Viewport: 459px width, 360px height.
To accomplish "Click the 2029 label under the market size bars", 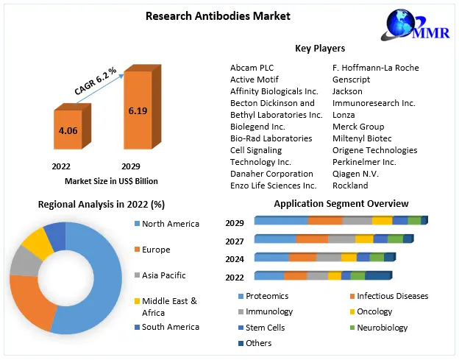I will click(x=131, y=166).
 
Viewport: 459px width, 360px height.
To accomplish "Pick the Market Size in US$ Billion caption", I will click(x=111, y=181).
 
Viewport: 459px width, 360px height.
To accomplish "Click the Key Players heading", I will click(x=320, y=49).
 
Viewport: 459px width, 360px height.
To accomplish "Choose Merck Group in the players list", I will click(x=358, y=127).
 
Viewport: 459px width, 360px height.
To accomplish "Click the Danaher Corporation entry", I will click(x=271, y=174).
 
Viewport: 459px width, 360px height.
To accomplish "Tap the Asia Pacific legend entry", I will click(x=163, y=275).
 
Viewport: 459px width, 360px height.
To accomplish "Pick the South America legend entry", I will click(x=170, y=327).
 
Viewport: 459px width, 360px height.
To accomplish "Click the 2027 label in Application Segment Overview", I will click(x=235, y=241).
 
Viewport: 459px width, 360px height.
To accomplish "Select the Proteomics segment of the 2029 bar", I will click(x=281, y=221).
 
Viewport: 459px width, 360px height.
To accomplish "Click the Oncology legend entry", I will click(x=374, y=311).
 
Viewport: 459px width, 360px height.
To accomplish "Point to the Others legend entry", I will click(x=258, y=343).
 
